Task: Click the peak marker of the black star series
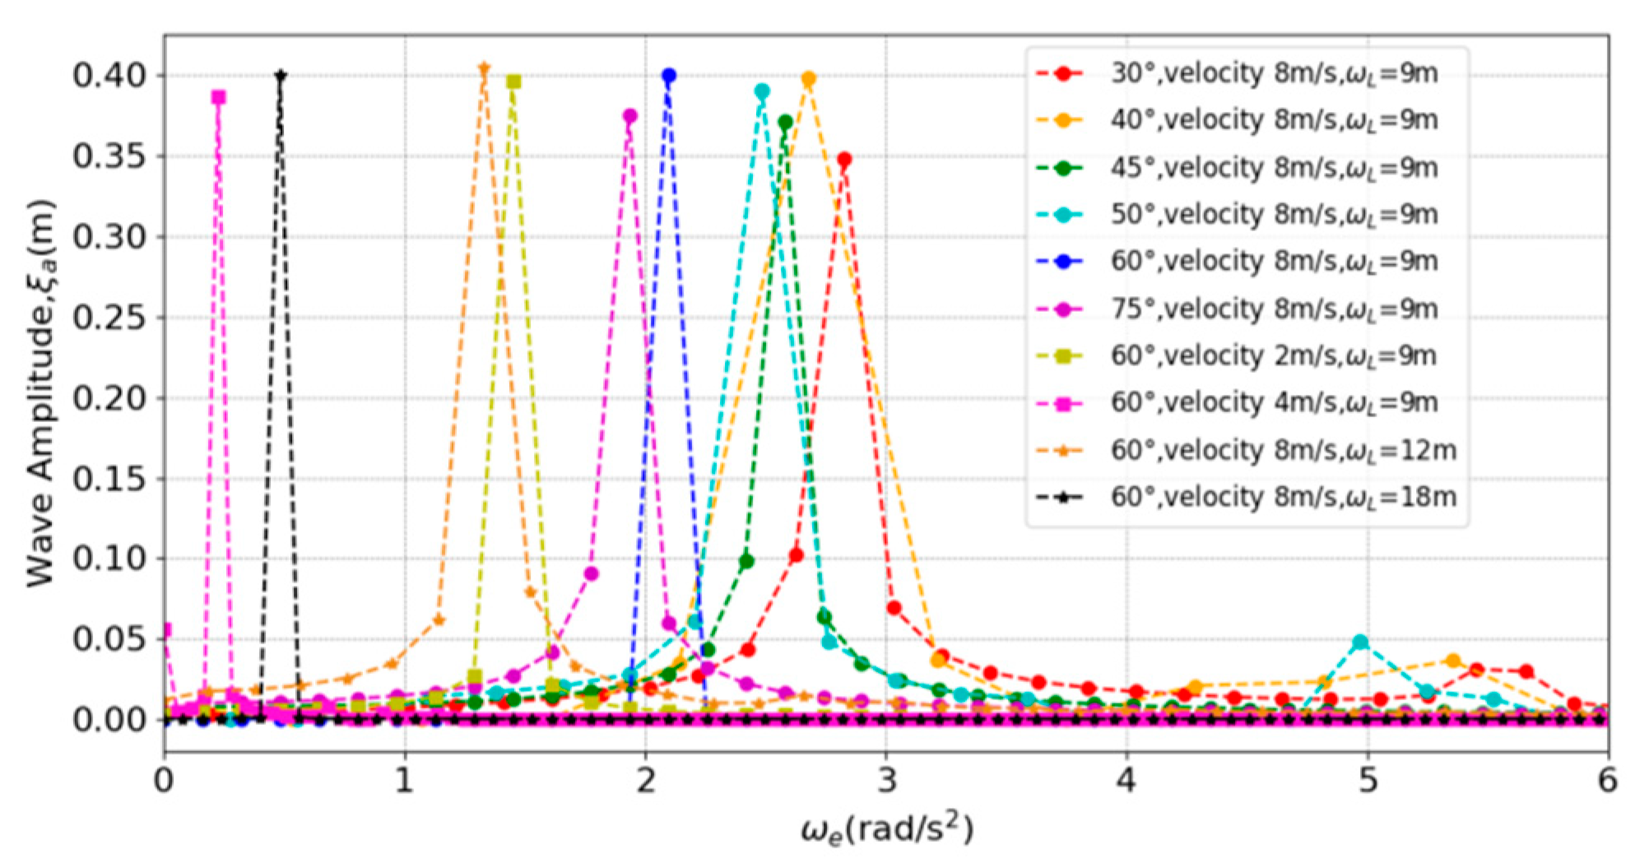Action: [281, 76]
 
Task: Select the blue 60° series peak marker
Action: [669, 76]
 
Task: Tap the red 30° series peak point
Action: [843, 160]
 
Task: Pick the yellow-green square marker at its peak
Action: [513, 81]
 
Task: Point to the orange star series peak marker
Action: [484, 68]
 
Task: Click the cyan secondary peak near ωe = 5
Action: [1361, 642]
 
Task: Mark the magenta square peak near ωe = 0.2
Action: [218, 97]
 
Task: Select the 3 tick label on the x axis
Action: [886, 780]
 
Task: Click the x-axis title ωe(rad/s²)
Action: [886, 829]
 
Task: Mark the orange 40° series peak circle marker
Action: [809, 79]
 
